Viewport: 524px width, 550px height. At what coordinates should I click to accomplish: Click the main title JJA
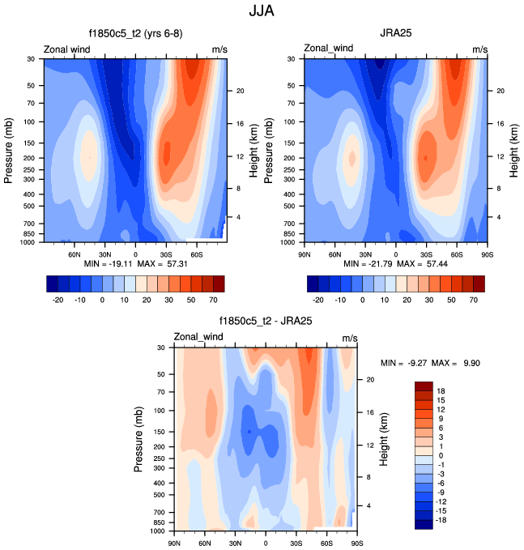point(262,12)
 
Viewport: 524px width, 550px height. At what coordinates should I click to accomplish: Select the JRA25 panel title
point(397,34)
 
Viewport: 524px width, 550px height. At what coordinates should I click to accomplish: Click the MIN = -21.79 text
point(365,264)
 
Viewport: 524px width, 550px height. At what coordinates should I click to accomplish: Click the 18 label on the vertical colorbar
point(441,390)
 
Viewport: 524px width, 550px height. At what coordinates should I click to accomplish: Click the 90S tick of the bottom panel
point(357,542)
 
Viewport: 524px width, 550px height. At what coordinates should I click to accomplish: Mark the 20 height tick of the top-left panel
point(241,91)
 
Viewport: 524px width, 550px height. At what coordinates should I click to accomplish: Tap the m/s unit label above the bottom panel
point(350,337)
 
